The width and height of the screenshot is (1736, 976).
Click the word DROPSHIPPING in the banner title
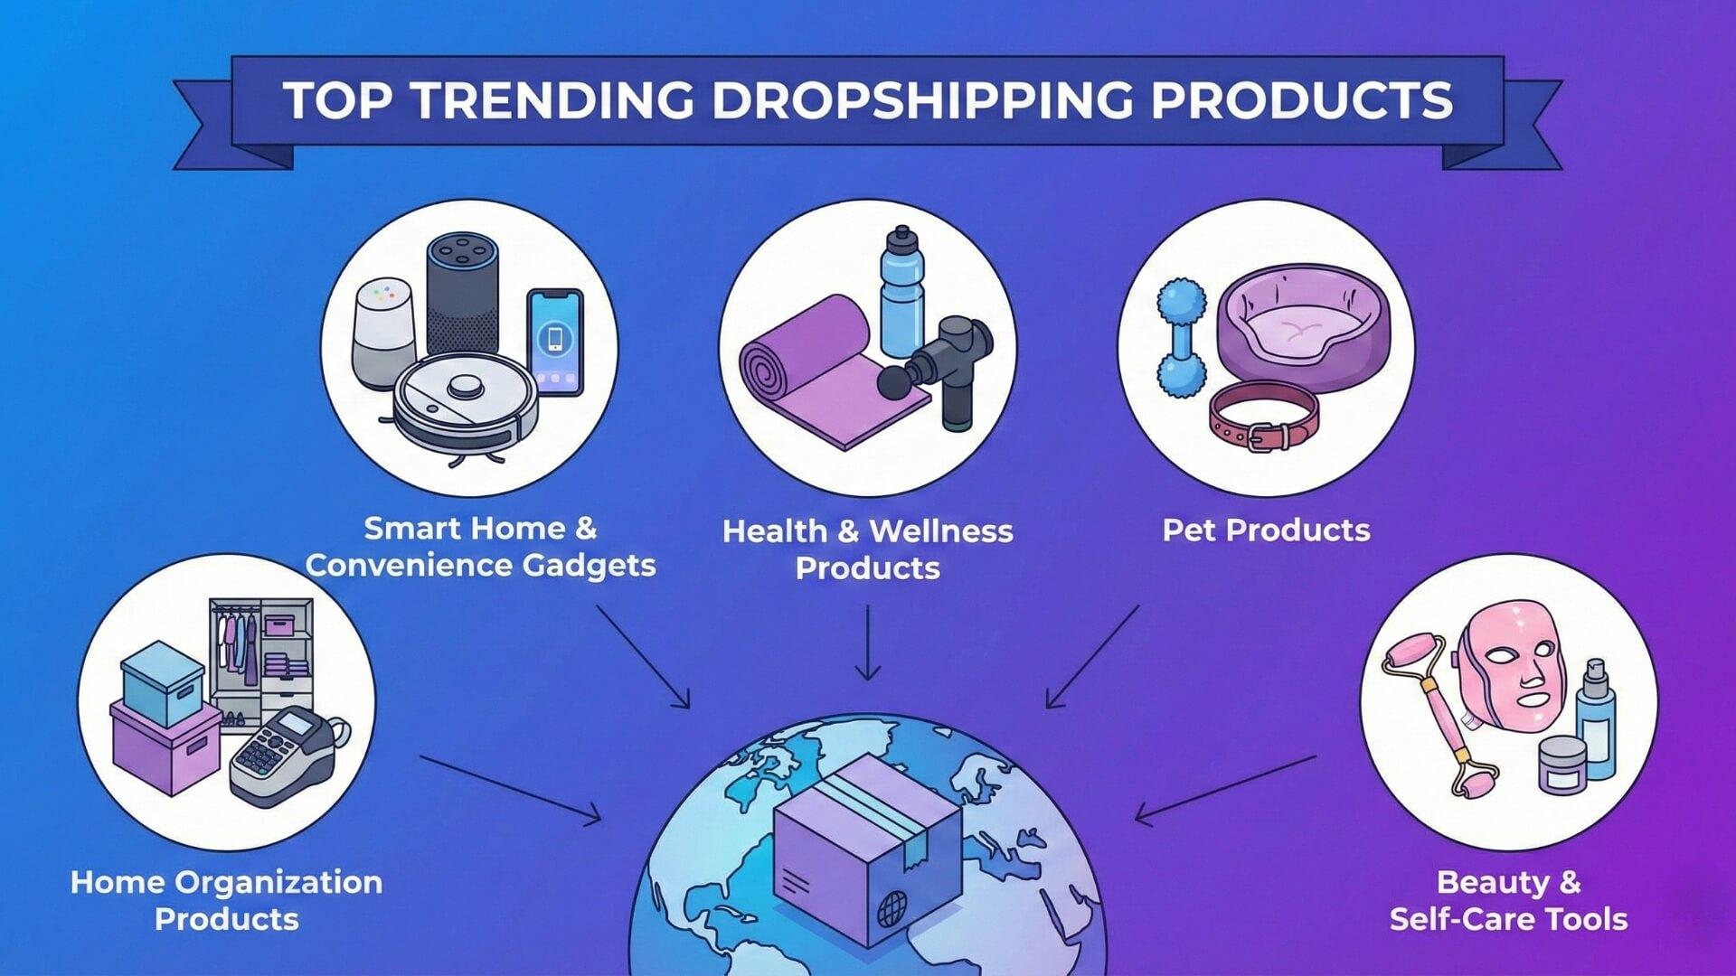point(921,100)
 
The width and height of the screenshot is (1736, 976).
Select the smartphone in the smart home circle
point(554,342)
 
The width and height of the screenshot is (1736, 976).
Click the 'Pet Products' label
point(1266,530)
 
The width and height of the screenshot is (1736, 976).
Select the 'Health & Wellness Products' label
point(868,549)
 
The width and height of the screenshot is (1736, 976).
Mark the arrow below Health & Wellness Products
point(868,643)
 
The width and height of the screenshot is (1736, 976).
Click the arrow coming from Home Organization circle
point(511,789)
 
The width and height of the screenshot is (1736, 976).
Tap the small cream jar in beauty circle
point(1562,764)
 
